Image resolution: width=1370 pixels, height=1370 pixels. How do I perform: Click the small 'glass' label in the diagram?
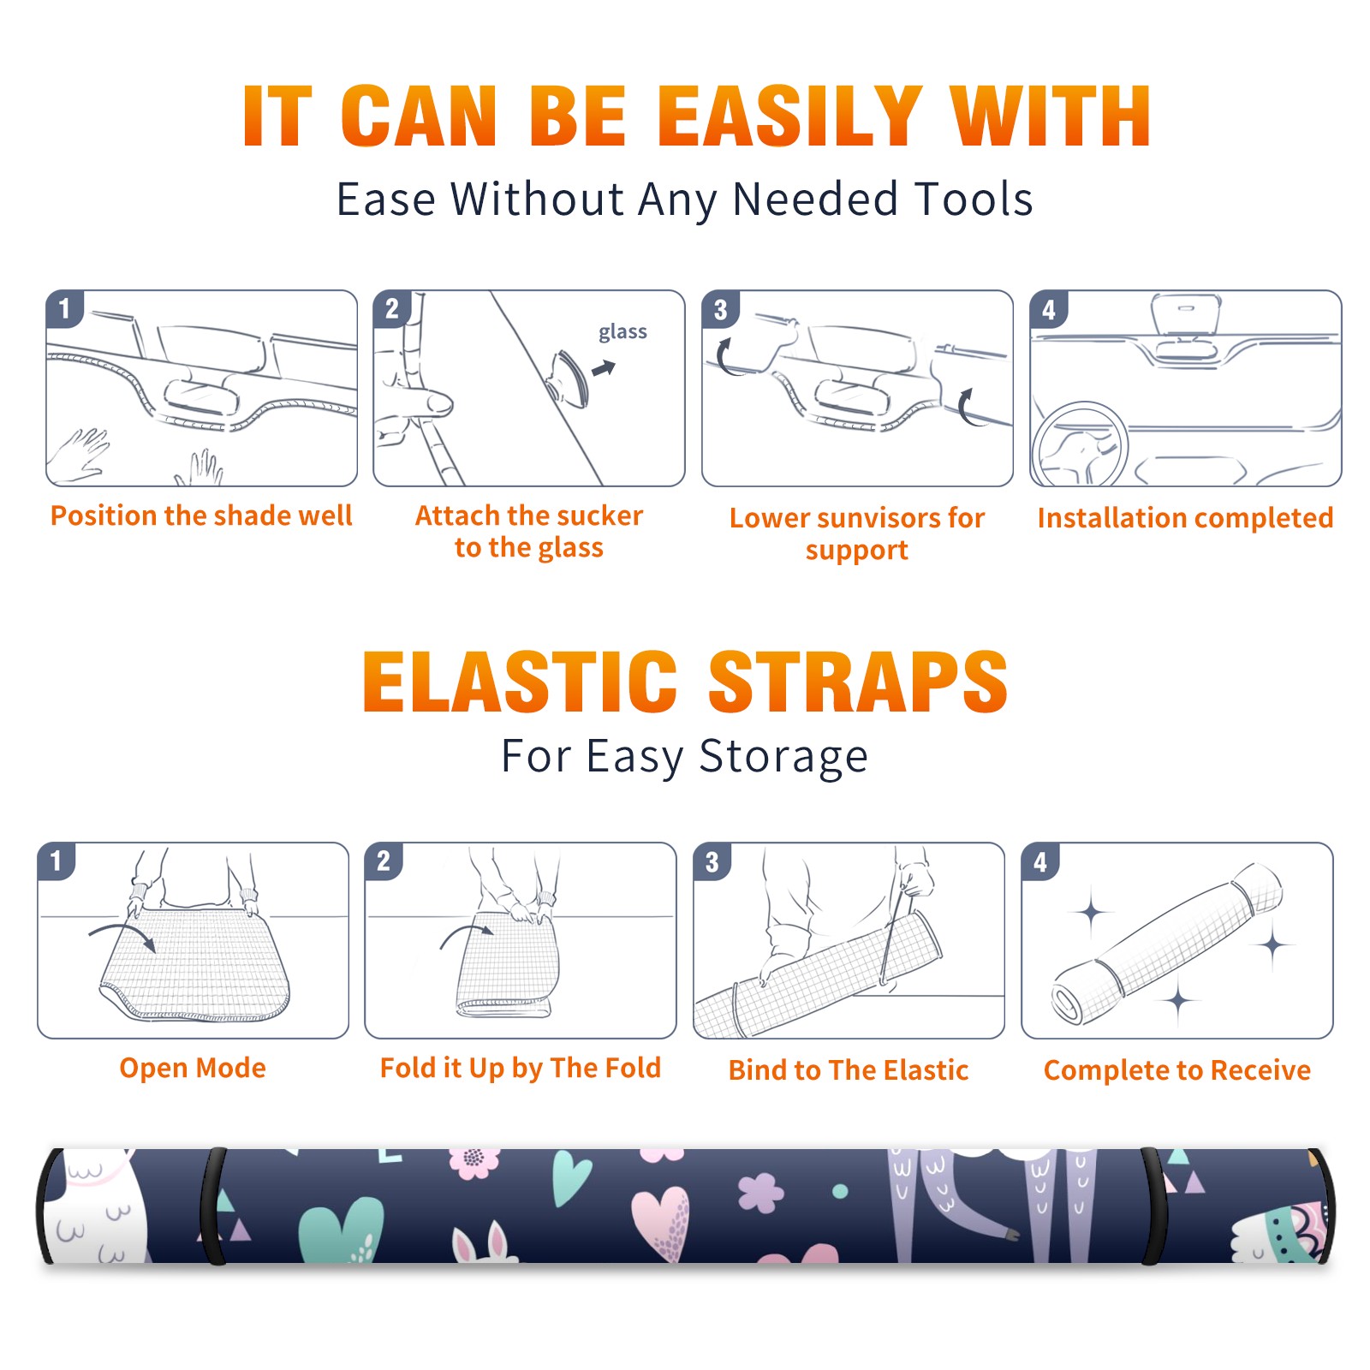(x=622, y=331)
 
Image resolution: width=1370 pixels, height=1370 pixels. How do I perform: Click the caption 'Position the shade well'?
(x=201, y=515)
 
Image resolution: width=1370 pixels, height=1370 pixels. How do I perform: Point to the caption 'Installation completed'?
(x=1185, y=517)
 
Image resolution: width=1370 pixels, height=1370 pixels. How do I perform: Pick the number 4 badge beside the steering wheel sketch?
(x=1049, y=309)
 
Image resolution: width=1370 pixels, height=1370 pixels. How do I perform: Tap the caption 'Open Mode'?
(x=193, y=1068)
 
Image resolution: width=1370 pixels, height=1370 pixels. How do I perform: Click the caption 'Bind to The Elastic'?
(x=848, y=1070)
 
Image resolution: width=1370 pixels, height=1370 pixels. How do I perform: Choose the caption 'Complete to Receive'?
(x=1176, y=1070)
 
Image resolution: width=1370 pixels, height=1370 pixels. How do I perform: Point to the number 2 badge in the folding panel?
(x=384, y=861)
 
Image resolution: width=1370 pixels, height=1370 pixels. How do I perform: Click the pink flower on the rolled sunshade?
(x=474, y=1162)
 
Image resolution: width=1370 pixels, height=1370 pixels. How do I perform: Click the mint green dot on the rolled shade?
(x=840, y=1191)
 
